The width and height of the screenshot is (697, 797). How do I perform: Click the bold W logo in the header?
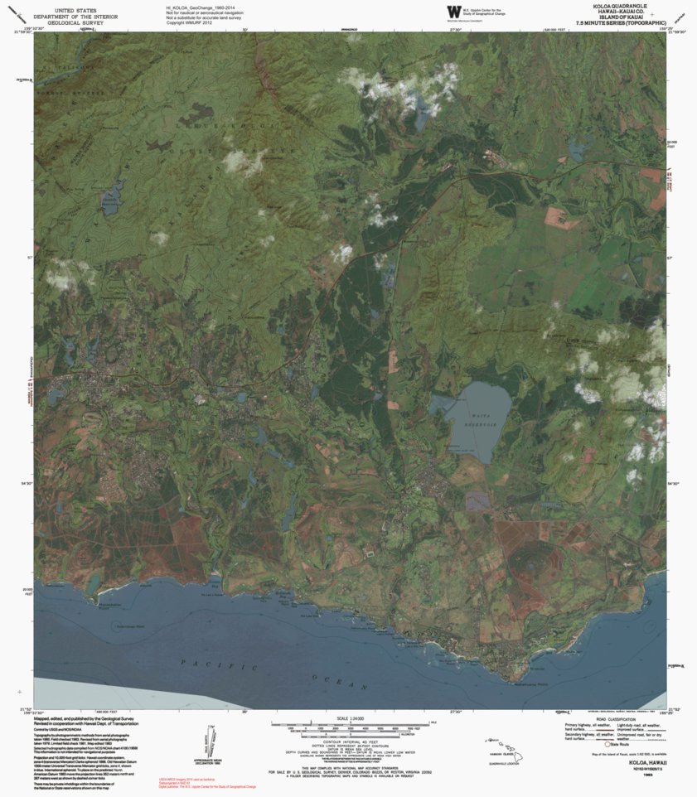pos(453,11)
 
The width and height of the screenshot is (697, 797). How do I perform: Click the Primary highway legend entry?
pos(584,726)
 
